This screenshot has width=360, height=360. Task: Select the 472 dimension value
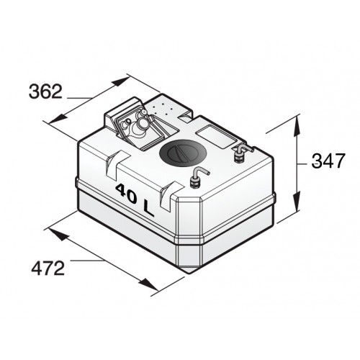tap(48, 269)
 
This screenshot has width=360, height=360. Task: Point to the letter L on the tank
tap(148, 206)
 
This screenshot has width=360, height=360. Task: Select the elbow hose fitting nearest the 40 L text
tap(197, 176)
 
